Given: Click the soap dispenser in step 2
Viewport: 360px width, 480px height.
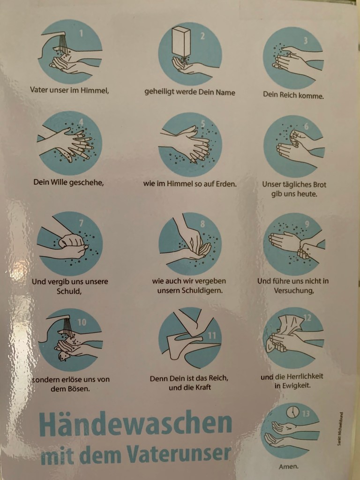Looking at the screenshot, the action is point(181,41).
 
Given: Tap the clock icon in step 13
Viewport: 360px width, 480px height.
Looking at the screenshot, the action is point(292,412).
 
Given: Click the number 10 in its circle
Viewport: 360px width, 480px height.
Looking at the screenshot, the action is point(82,322).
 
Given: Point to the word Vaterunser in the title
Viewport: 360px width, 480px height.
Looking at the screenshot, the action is point(179,453).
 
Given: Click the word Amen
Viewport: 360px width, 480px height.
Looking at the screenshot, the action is point(288,466).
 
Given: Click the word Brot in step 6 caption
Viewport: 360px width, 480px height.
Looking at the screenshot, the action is point(320,185).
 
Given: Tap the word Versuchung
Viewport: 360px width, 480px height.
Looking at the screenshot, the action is point(294,291).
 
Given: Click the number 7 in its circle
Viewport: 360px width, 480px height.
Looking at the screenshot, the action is point(81,223).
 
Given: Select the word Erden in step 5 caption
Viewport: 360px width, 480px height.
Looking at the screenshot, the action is point(226,184).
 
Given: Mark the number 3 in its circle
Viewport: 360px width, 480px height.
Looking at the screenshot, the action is point(306,40).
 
